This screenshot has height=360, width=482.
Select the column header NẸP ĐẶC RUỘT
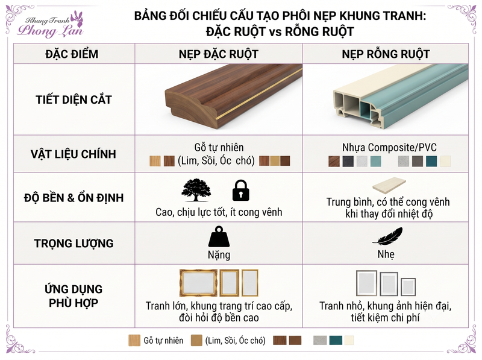click(x=219, y=54)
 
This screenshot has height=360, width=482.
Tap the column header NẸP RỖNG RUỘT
click(x=386, y=54)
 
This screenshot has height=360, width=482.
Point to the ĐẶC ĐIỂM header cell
click(x=72, y=54)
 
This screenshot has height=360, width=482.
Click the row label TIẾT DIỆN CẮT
click(x=74, y=99)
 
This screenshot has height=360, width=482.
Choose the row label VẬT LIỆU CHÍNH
click(x=74, y=154)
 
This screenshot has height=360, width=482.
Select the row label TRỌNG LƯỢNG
click(x=74, y=244)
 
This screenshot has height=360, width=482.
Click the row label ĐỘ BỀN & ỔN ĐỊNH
click(x=74, y=198)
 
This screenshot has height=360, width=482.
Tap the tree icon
click(x=196, y=190)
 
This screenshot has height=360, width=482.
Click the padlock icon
click(x=240, y=191)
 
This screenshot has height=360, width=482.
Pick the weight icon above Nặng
click(x=219, y=236)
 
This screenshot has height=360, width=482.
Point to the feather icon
click(x=387, y=236)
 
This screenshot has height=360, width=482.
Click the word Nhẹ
click(x=386, y=254)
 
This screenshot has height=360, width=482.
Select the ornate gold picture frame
click(x=198, y=283)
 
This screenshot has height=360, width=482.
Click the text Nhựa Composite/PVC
click(x=389, y=147)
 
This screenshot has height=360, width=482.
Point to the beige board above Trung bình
click(x=389, y=185)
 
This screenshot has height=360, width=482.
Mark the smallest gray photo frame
click(x=408, y=287)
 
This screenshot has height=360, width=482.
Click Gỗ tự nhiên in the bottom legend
click(x=163, y=341)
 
